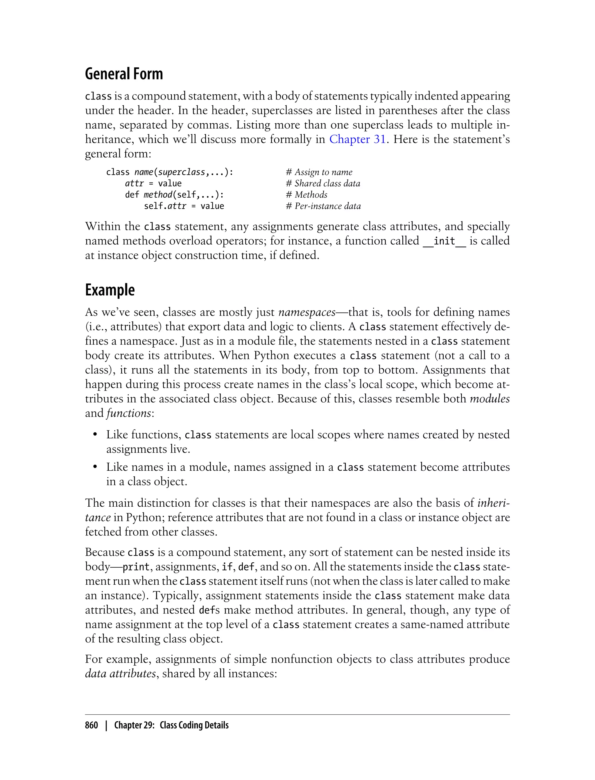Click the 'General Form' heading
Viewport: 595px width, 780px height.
124,74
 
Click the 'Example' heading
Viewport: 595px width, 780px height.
110,290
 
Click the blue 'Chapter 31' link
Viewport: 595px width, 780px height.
357,139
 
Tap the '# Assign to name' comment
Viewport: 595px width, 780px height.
319,172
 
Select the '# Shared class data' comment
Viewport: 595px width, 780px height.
323,184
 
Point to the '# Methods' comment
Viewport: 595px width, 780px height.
307,195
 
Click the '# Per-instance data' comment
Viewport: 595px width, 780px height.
323,206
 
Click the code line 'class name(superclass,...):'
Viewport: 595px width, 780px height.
170,172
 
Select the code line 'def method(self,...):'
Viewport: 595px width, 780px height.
174,195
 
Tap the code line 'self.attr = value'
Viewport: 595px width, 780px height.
184,206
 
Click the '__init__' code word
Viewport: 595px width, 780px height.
445,241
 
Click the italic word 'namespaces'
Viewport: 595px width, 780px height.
307,312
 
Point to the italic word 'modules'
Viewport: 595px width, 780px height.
490,399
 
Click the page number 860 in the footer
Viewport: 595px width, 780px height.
92,725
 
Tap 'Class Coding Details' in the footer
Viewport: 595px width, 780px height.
194,725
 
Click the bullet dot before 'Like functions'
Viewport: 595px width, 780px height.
95,435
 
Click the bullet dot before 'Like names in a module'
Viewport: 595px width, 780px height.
95,467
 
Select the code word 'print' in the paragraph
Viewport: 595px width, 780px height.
136,567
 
